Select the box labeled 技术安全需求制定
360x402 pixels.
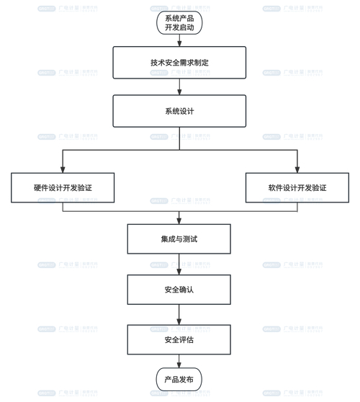[179, 63]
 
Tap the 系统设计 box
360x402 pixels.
[179, 111]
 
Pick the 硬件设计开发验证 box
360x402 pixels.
[63, 187]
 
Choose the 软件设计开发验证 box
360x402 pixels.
[297, 187]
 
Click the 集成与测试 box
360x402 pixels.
[179, 238]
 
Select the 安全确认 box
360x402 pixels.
[179, 289]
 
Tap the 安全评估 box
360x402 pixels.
[179, 339]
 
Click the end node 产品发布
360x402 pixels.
[179, 380]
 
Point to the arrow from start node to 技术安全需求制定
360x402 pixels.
[179, 40]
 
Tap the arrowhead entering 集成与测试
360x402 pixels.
[179, 220]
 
